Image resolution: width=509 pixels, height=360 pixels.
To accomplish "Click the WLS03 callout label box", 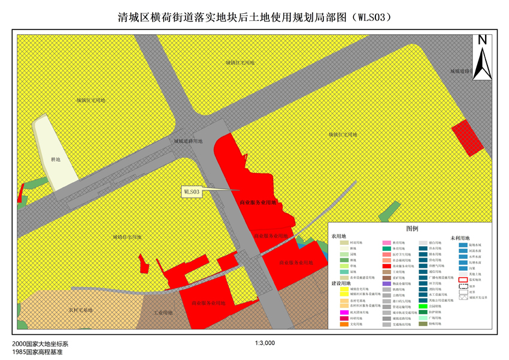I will pyautogui.click(x=192, y=192).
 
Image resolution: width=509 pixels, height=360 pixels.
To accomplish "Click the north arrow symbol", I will pyautogui.click(x=481, y=56).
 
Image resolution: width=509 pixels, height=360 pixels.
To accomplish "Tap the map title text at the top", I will pyautogui.click(x=255, y=17).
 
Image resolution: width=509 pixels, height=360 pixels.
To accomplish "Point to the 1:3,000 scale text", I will pyautogui.click(x=264, y=343).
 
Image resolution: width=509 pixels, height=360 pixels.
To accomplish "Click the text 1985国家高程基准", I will pyautogui.click(x=37, y=352).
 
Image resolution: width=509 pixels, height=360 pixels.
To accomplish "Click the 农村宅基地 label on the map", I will pyautogui.click(x=81, y=310).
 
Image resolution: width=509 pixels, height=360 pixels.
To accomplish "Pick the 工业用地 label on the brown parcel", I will pyautogui.click(x=163, y=313).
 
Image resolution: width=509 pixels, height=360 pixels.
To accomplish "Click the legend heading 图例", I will pyautogui.click(x=412, y=229).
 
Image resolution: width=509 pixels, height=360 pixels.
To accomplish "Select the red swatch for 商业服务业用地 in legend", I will pyautogui.click(x=388, y=265).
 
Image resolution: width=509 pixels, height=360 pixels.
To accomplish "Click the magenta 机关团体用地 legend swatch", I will pyautogui.click(x=344, y=312).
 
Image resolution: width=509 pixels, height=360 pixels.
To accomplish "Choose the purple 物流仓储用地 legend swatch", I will pyautogui.click(x=388, y=283).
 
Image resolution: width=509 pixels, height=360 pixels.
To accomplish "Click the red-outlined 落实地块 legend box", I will pyautogui.click(x=463, y=279).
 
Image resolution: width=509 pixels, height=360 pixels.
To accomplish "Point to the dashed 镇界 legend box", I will pyautogui.click(x=463, y=286).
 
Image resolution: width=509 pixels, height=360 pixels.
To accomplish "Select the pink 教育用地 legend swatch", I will pyautogui.click(x=388, y=242).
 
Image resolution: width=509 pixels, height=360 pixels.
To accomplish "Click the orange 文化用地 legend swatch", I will pyautogui.click(x=344, y=324).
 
